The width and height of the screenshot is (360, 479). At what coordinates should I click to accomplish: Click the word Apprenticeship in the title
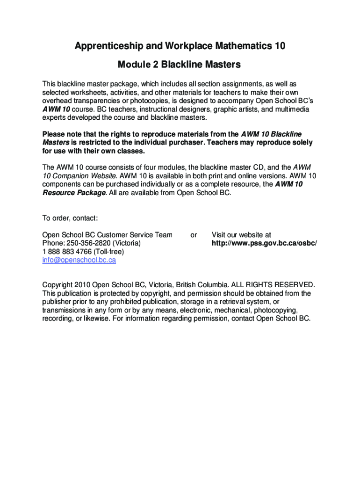[x=107, y=46]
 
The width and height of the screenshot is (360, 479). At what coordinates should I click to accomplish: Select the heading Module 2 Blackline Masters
[x=179, y=65]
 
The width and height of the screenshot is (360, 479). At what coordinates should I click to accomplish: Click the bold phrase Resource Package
[x=73, y=193]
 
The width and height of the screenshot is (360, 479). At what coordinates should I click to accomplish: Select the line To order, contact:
[x=70, y=218]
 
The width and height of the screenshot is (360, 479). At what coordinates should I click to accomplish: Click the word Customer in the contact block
[x=114, y=235]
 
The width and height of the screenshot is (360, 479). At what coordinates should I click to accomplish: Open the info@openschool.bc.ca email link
[x=79, y=260]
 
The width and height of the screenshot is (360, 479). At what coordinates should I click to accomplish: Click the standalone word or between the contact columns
[x=194, y=235]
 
